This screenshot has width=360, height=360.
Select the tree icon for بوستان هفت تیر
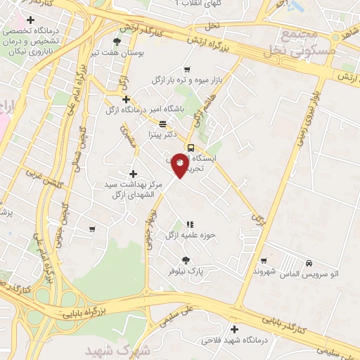pyautogui.click(x=117, y=42)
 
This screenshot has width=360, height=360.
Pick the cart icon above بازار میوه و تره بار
pyautogui.click(x=186, y=70)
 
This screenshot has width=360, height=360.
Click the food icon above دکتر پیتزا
pyautogui.click(x=162, y=123)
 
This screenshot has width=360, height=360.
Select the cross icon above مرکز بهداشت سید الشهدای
pyautogui.click(x=133, y=173)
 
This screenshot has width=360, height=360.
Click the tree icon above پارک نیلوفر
pyautogui.click(x=186, y=259)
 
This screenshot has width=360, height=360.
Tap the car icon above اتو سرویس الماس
pyautogui.click(x=309, y=263)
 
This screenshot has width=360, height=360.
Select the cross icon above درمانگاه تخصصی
pyautogui.click(x=30, y=20)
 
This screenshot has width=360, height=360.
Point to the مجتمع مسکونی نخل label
pyautogui.click(x=290, y=43)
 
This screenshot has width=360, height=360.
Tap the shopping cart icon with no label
pyautogui.click(x=92, y=229)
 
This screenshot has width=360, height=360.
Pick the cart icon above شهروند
pyautogui.click(x=264, y=261)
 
